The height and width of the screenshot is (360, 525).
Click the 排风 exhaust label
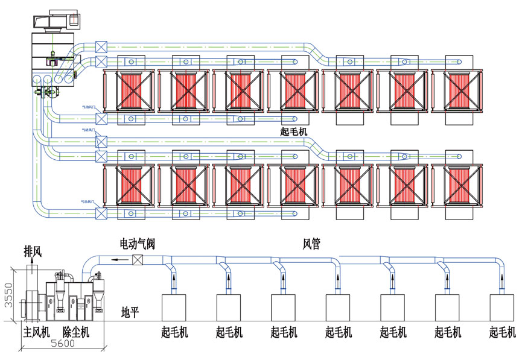(33, 250)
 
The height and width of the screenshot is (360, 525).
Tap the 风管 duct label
(312, 244)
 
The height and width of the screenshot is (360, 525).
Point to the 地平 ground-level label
(130, 312)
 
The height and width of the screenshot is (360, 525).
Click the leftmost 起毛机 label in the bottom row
(176, 332)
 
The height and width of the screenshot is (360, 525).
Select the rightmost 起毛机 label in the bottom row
(503, 332)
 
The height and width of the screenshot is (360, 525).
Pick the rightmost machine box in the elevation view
(503, 308)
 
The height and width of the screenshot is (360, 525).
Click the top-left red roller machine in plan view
(129, 90)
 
